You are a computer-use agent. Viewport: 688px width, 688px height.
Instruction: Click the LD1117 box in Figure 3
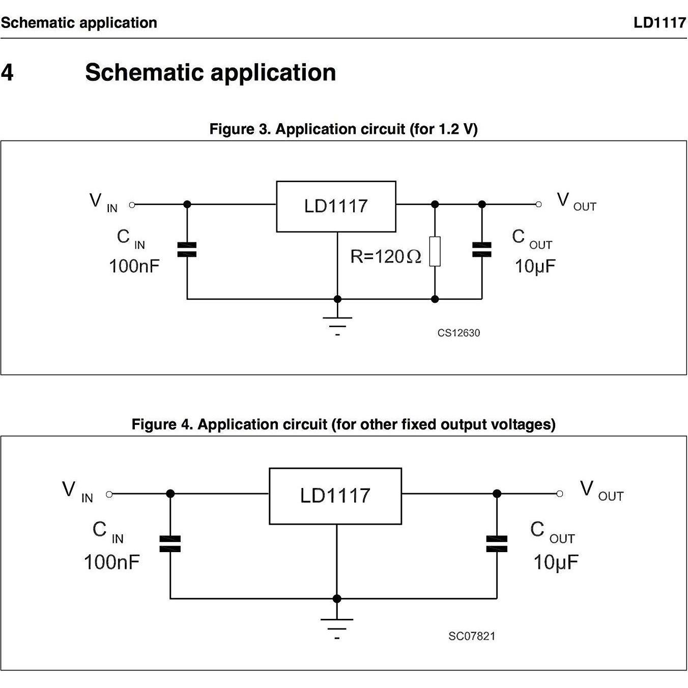coord(336,206)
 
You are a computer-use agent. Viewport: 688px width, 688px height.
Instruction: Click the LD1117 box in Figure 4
coord(335,496)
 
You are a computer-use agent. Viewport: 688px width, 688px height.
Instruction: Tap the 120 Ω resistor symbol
coord(435,251)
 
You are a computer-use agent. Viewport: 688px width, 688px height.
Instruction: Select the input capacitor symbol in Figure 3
coord(187,249)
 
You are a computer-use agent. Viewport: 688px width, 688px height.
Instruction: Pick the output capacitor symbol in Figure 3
coord(482,249)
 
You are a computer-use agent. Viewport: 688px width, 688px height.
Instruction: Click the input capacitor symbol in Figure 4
coord(170,543)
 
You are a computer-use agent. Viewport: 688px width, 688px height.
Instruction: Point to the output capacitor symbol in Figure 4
coord(497,543)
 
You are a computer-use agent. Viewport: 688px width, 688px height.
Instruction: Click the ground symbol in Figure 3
coord(337,323)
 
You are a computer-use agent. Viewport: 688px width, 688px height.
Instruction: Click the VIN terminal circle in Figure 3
coord(132,205)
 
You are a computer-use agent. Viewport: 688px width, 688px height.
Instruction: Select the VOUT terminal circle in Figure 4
coord(560,494)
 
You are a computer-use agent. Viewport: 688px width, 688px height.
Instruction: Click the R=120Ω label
coord(385,256)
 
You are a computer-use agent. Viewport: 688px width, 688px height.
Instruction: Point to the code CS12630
coord(458,333)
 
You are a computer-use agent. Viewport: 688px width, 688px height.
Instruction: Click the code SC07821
coord(472,636)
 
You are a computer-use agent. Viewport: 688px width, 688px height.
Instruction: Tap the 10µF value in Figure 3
coord(535,266)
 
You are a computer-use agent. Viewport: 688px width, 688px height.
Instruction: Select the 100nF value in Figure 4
coord(111,562)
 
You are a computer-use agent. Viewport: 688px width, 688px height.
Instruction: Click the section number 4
coord(8,72)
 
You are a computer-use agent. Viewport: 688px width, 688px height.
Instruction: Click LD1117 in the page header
coord(660,23)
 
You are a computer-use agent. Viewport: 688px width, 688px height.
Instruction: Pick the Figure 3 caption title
coord(343,129)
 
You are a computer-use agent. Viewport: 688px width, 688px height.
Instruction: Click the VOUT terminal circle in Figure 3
coord(538,205)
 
